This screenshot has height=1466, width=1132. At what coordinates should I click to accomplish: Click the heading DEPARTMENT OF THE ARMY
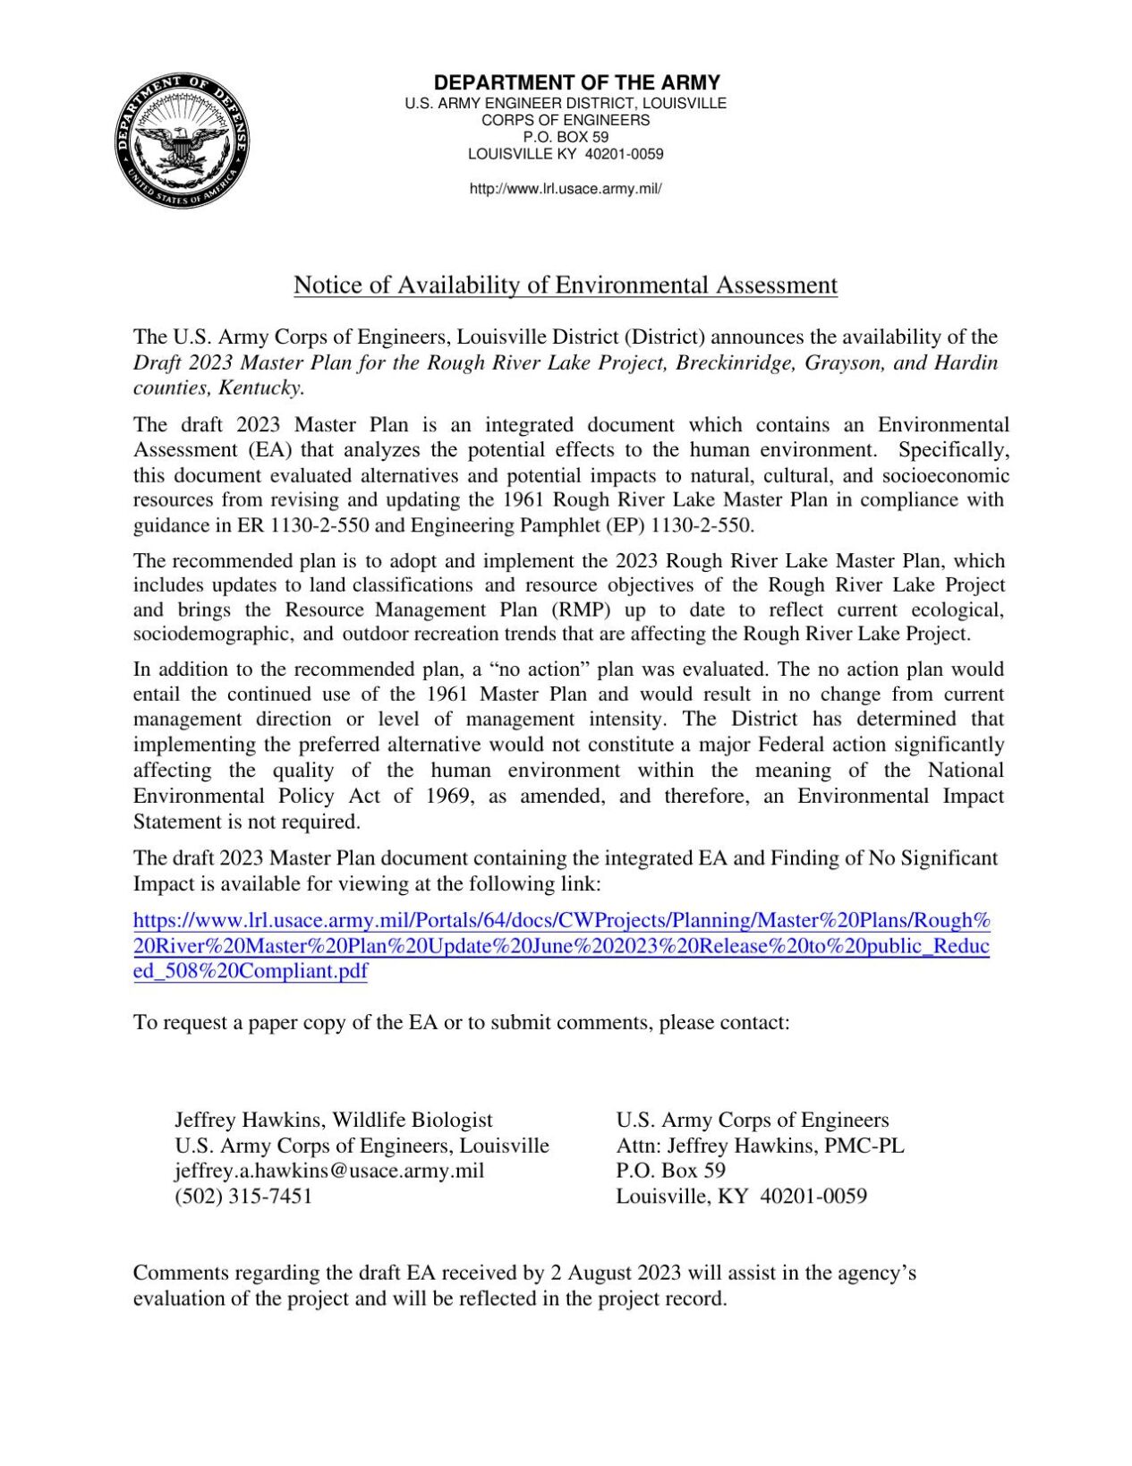tap(576, 83)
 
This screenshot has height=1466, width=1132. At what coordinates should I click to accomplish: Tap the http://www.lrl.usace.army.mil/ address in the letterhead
tap(566, 189)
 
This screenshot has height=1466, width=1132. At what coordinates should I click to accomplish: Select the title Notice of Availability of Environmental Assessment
tap(566, 286)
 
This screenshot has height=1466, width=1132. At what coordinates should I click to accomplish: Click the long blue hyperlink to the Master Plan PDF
tap(562, 946)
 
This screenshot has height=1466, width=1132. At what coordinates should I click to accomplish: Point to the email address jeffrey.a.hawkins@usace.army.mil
tap(329, 1171)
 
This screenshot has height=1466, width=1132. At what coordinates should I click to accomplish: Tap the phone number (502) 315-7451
tap(243, 1197)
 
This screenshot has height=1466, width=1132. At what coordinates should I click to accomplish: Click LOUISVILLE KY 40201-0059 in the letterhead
tap(566, 154)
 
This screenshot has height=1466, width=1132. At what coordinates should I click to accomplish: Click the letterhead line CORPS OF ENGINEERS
tap(566, 120)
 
